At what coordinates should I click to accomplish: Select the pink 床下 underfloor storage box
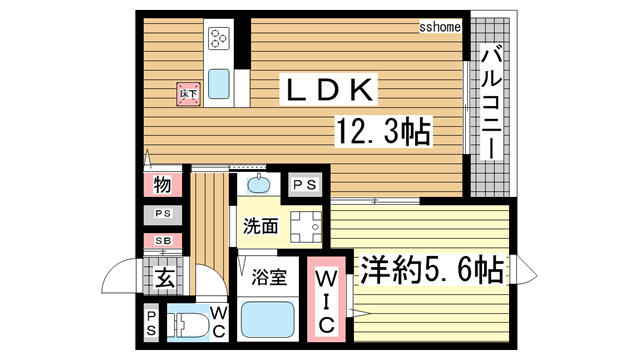pos(187,94)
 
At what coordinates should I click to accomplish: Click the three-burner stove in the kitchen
pos(219,39)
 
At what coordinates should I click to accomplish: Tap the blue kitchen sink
pos(219,83)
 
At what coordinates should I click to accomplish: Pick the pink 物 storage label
pos(162,185)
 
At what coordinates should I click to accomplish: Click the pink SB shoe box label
pos(161,241)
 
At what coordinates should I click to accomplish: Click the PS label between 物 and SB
pos(161,214)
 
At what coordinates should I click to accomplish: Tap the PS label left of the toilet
pos(152,321)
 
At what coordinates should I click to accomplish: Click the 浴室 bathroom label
pos(270,277)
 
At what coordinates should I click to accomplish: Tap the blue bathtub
pos(269,320)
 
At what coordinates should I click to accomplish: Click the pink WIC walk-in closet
pos(325,300)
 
